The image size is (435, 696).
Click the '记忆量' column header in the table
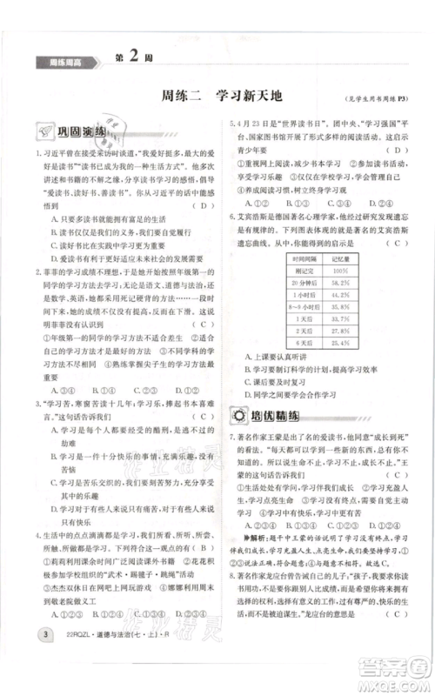coord(340,258)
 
